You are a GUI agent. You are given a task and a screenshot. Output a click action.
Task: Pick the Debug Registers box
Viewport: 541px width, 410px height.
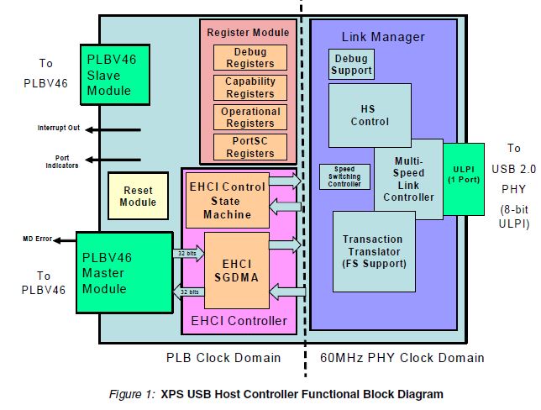[x=249, y=58]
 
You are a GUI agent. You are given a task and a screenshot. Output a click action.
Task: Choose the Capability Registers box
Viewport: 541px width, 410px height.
[x=249, y=87]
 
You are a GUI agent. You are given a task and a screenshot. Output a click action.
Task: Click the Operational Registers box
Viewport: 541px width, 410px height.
[x=249, y=117]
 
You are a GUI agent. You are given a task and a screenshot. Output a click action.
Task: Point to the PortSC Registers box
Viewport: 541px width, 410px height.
[x=249, y=147]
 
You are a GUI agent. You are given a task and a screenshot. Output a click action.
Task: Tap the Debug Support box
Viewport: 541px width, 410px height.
[x=351, y=65]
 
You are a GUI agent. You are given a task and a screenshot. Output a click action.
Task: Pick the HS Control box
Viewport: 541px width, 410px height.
[x=370, y=115]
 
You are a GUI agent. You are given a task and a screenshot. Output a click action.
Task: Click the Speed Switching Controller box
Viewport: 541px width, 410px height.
[x=344, y=176]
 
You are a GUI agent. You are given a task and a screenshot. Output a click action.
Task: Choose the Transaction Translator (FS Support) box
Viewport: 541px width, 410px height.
[x=374, y=252]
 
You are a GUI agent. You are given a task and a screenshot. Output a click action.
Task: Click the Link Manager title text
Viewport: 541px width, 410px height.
[x=383, y=37]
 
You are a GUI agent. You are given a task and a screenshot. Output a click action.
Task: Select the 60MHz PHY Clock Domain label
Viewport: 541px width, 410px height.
[x=402, y=358]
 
